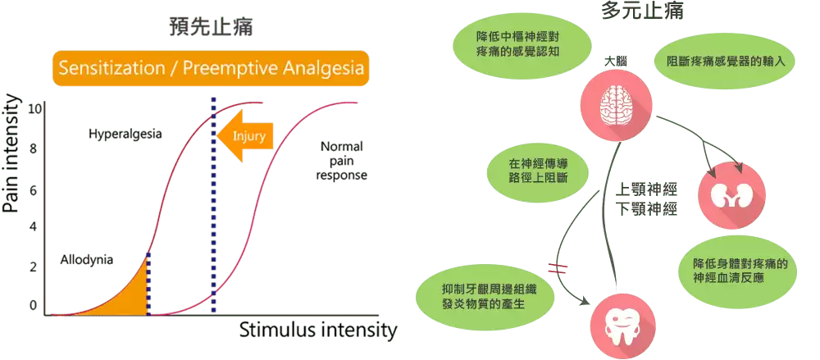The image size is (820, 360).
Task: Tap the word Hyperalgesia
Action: [x=125, y=133]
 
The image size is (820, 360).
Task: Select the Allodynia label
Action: [x=86, y=260]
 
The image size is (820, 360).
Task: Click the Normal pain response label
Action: [x=342, y=161]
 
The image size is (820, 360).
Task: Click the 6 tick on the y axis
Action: [x=33, y=190]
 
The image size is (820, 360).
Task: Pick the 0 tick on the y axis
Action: [x=33, y=305]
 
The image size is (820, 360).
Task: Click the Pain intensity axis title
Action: [x=12, y=153]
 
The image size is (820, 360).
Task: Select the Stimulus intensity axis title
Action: [x=318, y=331]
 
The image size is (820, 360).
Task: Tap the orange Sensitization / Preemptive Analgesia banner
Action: [x=210, y=68]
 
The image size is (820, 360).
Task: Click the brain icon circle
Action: [x=615, y=104]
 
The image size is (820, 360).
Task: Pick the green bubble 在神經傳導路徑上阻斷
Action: [x=537, y=169]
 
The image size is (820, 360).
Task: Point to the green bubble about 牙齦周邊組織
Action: [x=485, y=294]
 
